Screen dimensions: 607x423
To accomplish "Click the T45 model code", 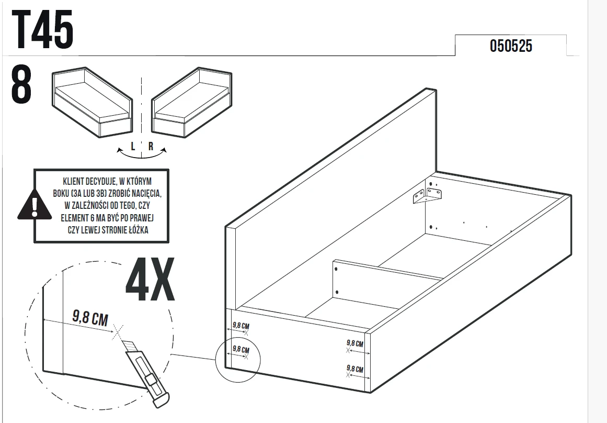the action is pos(42,29).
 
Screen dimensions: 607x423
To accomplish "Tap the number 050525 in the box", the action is pos(511,46).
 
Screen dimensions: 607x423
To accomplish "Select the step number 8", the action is pos(21,84).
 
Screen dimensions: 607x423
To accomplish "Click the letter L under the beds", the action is pos(133,146).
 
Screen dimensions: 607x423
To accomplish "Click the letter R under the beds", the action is pos(151,146).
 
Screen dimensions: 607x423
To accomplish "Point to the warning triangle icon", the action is pos(35,205).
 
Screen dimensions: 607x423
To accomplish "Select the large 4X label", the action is pos(150,280).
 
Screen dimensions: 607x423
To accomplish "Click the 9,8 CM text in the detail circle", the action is pos(90,318).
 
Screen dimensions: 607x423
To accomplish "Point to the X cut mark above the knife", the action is pos(117,332).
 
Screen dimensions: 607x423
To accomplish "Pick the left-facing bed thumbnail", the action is pos(92,102).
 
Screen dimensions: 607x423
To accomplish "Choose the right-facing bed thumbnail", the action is pos(192,102).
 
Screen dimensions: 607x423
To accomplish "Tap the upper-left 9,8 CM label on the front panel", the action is pos(241,326).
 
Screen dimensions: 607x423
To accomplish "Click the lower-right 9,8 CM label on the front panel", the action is pos(355,369).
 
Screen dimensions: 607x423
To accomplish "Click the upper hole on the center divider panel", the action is pos(336,269).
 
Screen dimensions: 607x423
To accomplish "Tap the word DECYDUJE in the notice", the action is pos(101,182).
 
